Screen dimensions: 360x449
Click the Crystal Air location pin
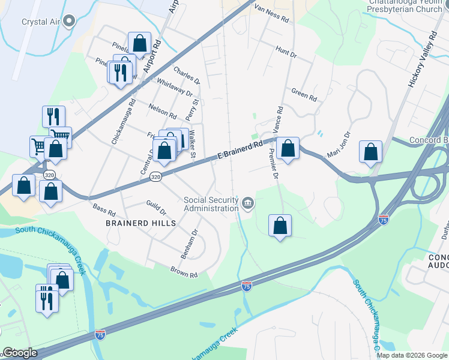tap(70, 22)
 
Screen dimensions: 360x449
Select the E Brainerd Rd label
tap(240, 151)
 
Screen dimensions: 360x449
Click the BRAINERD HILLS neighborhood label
tap(141, 223)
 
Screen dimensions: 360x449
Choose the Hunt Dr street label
tap(286, 52)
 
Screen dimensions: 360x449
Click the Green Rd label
tap(304, 94)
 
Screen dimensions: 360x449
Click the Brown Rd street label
tap(184, 272)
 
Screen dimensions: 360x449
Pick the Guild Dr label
tap(156, 208)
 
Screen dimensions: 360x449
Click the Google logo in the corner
tap(19, 353)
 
